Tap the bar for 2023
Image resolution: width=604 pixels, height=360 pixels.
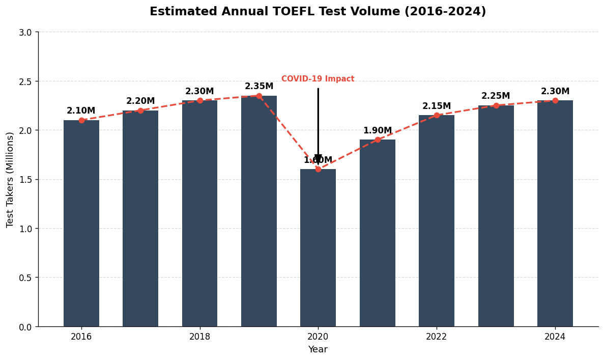click(x=496, y=216)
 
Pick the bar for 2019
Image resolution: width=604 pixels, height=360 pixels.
click(x=259, y=211)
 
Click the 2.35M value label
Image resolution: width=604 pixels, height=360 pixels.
click(x=259, y=87)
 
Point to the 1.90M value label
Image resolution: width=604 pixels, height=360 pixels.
click(x=377, y=131)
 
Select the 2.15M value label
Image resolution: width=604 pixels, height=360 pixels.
click(x=437, y=106)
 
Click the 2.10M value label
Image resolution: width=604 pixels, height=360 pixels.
click(x=81, y=111)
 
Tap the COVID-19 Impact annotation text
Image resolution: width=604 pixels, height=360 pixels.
click(x=318, y=79)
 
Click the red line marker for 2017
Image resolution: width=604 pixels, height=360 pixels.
click(x=140, y=110)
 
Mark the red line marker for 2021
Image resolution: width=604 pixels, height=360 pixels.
click(x=378, y=140)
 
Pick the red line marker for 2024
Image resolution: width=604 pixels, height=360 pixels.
click(x=555, y=100)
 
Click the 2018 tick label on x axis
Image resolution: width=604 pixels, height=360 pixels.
click(x=199, y=337)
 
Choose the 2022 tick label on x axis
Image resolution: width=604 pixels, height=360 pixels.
click(x=437, y=337)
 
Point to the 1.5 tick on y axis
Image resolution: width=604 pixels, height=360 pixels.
click(x=25, y=180)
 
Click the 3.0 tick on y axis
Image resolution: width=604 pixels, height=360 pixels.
click(x=25, y=32)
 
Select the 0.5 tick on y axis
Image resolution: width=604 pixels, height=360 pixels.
click(x=25, y=278)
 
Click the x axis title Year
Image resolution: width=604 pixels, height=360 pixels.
click(x=318, y=350)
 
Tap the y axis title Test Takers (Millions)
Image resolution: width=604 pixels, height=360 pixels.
click(x=10, y=179)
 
